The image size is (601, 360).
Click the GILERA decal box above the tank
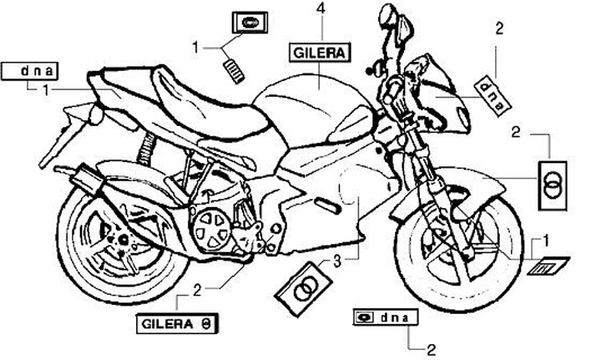[x=321, y=53]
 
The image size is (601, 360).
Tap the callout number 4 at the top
[x=321, y=9]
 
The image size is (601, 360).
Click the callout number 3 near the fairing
[x=336, y=261]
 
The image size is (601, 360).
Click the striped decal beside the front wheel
[x=548, y=267]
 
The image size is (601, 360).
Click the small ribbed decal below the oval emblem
[x=235, y=65]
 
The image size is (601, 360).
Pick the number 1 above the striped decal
[x=546, y=240]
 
